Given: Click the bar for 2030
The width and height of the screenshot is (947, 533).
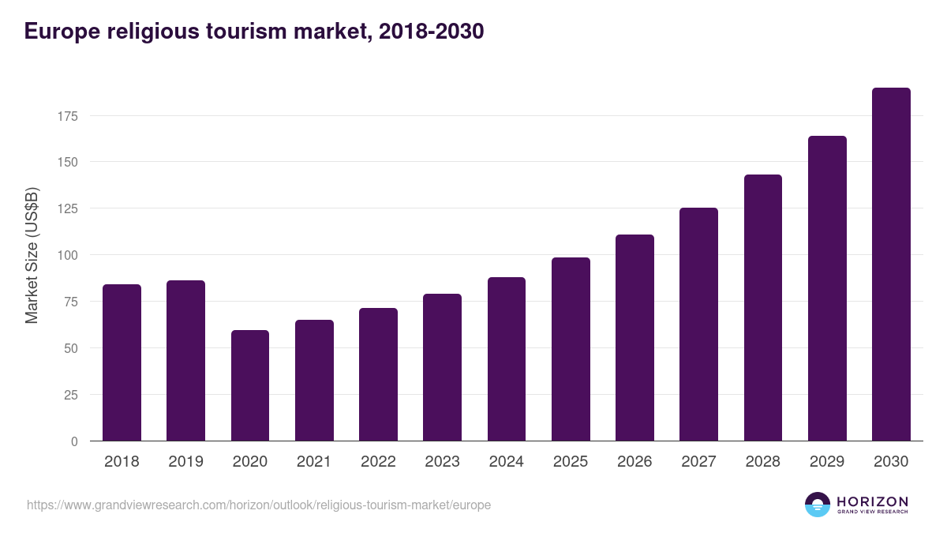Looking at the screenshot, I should [891, 265].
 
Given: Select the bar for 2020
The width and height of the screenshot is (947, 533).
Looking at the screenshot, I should [250, 385].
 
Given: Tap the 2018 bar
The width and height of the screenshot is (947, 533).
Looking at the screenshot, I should [122, 362].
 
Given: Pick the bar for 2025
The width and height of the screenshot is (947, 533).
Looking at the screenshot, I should [571, 349].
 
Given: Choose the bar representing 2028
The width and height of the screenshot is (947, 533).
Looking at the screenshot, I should [763, 308].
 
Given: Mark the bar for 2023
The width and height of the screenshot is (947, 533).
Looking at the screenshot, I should [442, 367].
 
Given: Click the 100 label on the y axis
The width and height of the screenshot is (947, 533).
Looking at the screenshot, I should [69, 255].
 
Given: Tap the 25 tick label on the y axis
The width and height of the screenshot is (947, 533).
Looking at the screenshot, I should [72, 395].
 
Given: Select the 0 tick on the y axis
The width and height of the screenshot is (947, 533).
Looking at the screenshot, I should [75, 441].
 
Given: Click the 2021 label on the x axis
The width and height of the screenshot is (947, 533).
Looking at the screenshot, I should [314, 462].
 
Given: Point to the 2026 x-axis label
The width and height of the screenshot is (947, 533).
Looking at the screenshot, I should [634, 462].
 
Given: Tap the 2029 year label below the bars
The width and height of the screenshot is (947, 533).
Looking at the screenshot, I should [827, 462].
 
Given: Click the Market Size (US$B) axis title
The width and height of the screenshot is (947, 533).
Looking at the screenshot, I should [32, 255].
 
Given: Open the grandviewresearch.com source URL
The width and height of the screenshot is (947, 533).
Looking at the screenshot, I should [259, 505].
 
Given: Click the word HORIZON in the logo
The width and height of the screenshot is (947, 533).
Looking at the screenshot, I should [872, 501].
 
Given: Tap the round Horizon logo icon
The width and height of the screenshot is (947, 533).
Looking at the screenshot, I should [818, 505].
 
